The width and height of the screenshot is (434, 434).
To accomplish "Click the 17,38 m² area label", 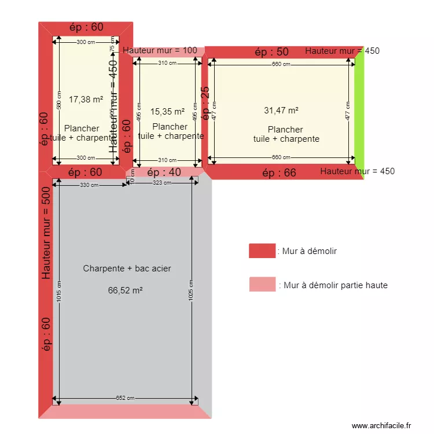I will coord(86,100).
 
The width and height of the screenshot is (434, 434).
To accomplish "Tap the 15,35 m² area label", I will coord(167,111).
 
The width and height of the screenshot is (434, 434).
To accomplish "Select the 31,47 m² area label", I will coord(281,110).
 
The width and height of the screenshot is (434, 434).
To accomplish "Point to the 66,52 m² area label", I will coord(126,290).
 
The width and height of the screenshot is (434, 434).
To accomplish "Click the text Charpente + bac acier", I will coord(127,269).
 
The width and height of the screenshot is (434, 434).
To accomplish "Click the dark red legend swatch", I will coord(262,251).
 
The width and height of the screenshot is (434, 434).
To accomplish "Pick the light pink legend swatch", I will coord(262,284).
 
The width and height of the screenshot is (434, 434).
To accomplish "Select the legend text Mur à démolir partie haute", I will coord(333,285).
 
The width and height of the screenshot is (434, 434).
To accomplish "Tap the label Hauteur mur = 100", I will coord(160,51).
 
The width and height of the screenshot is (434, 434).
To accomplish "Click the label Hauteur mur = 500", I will coord(47,236).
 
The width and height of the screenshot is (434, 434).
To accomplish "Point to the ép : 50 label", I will coord(271,52).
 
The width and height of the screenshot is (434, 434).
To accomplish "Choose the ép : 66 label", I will coord(279,172).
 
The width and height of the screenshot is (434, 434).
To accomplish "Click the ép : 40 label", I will coord(164,172).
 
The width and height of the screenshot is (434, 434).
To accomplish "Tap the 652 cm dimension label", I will coord(125,398).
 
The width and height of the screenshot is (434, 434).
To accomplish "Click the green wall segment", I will coord(359,110).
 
